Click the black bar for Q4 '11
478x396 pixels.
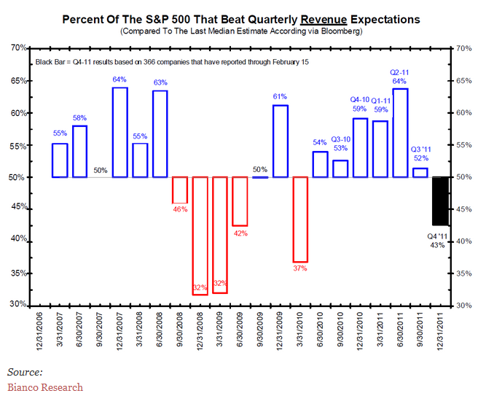click(440, 201)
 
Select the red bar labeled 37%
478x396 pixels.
click(300, 219)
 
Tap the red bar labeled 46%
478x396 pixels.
click(180, 190)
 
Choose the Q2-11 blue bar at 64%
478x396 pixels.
click(400, 133)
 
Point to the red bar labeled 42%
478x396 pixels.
click(240, 201)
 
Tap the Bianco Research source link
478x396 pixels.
click(44, 387)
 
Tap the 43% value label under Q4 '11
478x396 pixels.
click(437, 245)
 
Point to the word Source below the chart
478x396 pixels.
click(25, 371)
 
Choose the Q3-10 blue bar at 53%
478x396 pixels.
click(340, 168)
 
